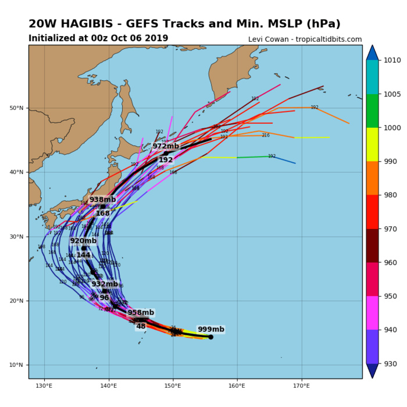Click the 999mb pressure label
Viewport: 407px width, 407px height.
pos(210,330)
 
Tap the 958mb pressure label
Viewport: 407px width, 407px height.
pos(141,313)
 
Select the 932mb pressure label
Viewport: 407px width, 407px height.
pos(105,284)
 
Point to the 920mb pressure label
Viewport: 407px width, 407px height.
pos(83,241)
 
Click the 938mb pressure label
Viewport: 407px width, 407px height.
pos(102,199)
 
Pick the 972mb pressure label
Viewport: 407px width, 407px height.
pos(166,147)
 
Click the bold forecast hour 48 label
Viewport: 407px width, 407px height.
pos(141,326)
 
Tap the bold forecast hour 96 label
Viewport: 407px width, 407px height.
pos(104,298)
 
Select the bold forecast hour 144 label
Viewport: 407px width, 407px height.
pos(83,255)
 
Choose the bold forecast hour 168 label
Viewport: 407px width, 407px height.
pos(103,213)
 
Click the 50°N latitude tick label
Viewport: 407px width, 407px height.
pos(17,108)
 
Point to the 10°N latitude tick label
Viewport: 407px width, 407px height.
pos(17,365)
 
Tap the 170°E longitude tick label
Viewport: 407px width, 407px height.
pos(301,385)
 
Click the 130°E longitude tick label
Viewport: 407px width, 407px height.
pos(44,385)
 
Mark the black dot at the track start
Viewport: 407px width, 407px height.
pos(210,337)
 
